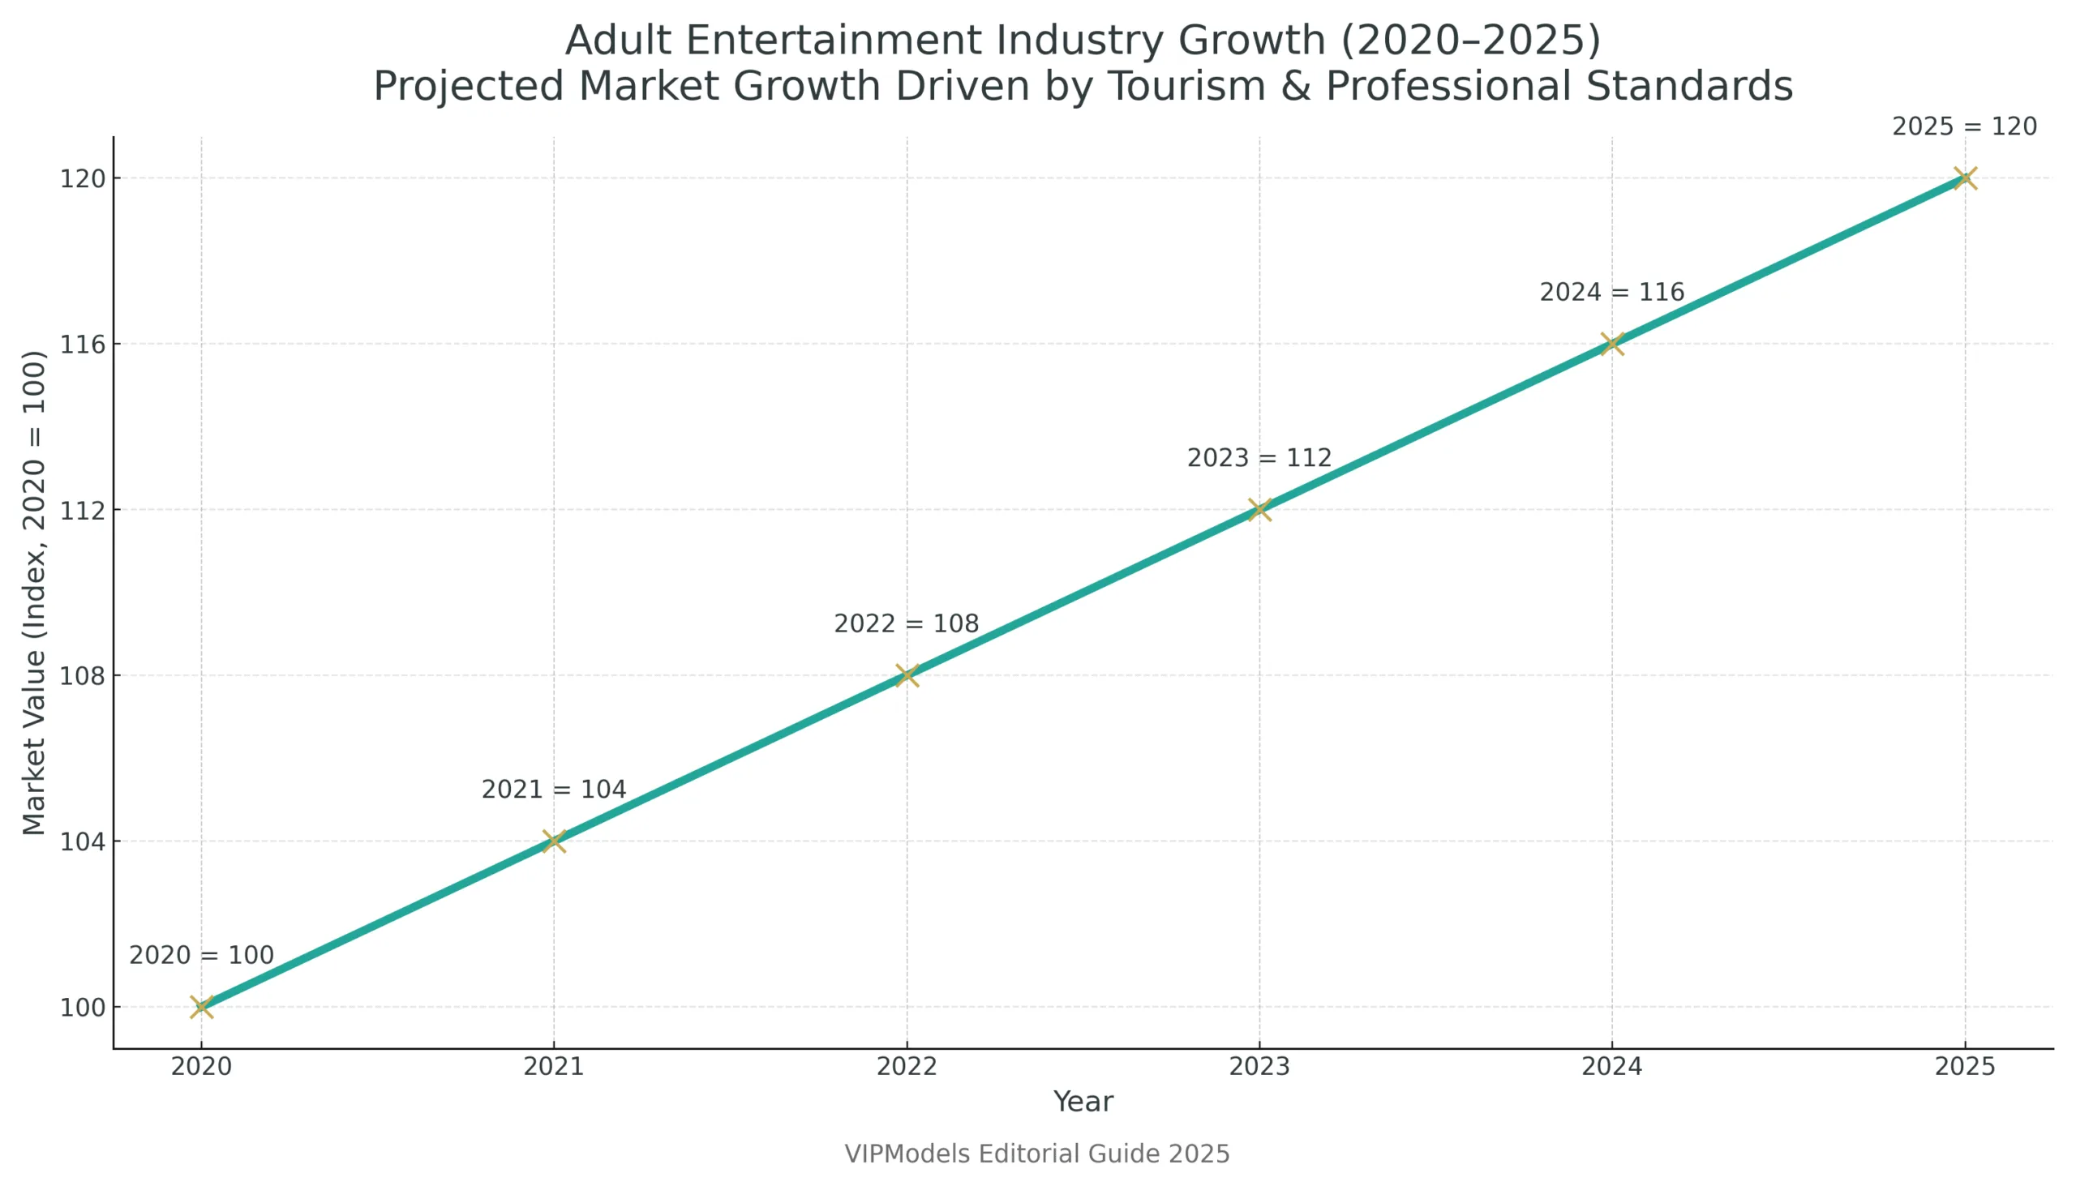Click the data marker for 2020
click(x=201, y=1007)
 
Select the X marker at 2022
click(x=907, y=675)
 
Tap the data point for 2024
click(x=1611, y=344)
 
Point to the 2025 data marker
click(x=1965, y=178)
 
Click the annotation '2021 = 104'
click(x=553, y=790)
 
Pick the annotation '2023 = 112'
click(x=1259, y=458)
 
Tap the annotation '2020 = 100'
click(x=201, y=956)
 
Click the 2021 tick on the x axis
click(x=553, y=1067)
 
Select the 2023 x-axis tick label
click(x=1259, y=1067)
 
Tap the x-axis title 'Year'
click(x=1083, y=1103)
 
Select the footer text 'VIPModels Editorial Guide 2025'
click(x=1036, y=1154)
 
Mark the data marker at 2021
click(x=554, y=841)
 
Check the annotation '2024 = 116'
click(x=1611, y=293)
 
